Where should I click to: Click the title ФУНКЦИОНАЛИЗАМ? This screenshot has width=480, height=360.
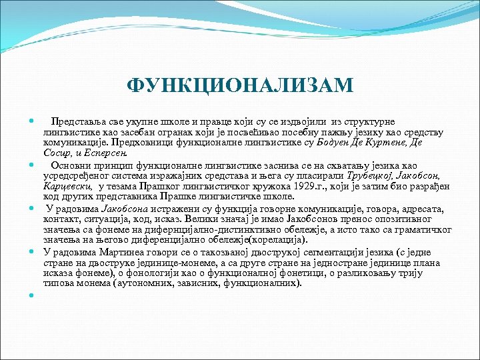point(240,86)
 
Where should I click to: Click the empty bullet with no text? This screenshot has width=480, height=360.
point(31,294)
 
